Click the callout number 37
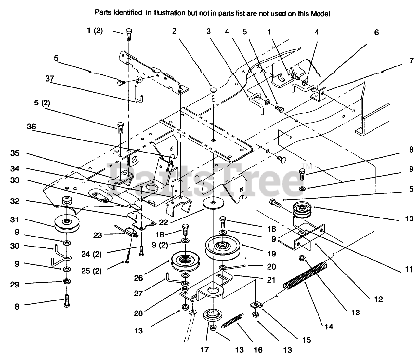50,79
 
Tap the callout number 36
31,127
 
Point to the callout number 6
376,33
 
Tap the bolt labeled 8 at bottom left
67,301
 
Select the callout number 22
163,222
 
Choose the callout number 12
378,299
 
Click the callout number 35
15,153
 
